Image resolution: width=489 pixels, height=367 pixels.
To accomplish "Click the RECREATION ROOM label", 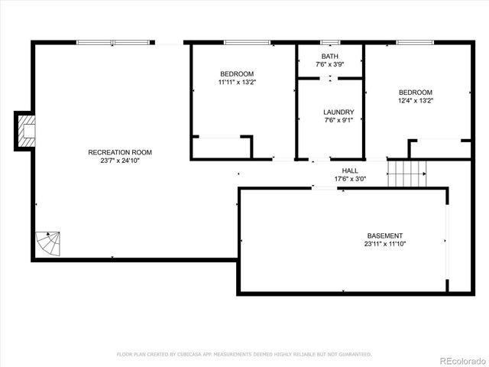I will (114, 152).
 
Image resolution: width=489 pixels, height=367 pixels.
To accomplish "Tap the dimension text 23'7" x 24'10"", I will (114, 161).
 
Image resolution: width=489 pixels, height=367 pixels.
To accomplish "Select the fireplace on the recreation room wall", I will (26, 132).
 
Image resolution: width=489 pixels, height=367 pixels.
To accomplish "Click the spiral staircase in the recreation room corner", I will (47, 245).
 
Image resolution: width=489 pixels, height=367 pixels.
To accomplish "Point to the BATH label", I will (329, 57).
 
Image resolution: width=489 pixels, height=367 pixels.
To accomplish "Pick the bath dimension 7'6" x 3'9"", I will (329, 65).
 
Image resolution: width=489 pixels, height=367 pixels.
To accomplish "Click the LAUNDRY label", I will (338, 112).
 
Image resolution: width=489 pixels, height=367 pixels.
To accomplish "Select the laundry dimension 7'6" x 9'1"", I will (338, 120).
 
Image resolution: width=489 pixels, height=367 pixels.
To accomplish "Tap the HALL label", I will (350, 171).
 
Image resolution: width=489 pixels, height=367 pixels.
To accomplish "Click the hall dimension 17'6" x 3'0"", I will (350, 179).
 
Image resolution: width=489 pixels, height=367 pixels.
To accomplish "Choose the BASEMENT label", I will (384, 235).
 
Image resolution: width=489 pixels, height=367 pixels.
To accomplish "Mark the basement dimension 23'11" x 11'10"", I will (384, 244).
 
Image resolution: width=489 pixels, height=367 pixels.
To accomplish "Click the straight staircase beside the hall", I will (406, 174).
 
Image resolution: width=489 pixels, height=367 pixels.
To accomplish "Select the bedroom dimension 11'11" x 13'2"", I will (236, 82).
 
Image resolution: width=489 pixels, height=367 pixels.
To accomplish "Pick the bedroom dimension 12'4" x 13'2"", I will (415, 100).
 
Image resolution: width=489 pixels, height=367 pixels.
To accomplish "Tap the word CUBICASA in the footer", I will (199, 354).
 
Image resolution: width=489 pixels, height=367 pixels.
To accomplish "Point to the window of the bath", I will (330, 43).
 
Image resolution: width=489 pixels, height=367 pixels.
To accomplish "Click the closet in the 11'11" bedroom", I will (221, 148).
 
